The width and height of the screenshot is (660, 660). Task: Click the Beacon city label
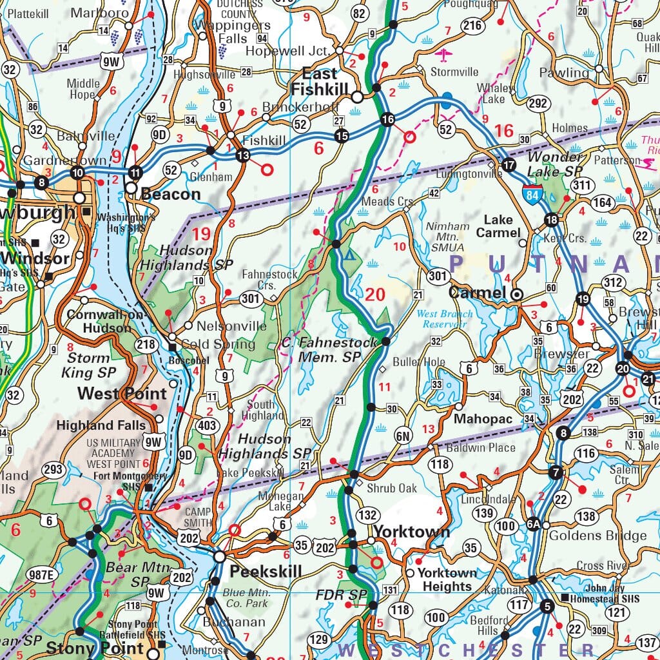[x=171, y=194]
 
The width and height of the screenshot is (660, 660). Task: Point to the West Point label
[x=122, y=393]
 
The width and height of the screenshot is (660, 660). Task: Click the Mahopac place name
[x=483, y=419]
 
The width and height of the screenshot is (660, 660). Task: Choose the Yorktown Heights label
[x=447, y=579]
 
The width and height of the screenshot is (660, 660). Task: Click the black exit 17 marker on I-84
[x=509, y=164]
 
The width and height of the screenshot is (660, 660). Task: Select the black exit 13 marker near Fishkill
[x=242, y=155]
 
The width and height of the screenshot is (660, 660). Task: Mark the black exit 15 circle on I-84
[x=341, y=136]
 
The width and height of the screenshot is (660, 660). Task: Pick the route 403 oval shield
[x=207, y=425]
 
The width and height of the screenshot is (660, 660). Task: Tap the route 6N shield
[x=403, y=436]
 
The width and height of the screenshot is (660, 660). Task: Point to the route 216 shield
[x=472, y=26]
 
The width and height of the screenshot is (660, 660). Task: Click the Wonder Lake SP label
[x=554, y=164]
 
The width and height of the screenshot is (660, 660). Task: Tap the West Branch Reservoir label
[x=445, y=319]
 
